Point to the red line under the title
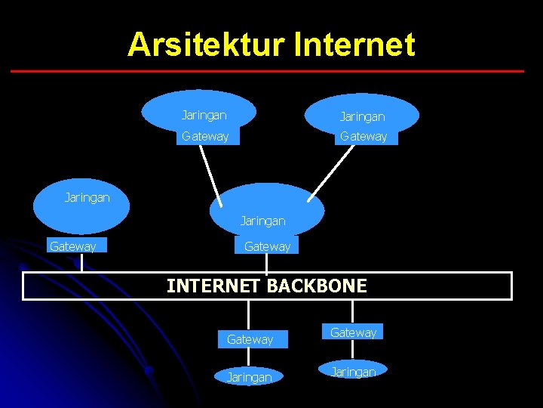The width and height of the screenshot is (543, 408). pos(267,71)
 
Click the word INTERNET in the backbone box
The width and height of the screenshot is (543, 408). pos(213,286)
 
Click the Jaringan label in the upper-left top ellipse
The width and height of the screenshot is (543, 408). pos(204,115)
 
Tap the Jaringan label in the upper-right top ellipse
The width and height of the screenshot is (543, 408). pos(362,116)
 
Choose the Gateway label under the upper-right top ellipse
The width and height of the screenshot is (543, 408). pos(364,136)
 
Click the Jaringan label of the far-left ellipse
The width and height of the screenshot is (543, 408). pos(87,197)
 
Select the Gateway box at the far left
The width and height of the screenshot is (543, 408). pos(73,246)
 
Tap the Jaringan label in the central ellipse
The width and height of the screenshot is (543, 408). pos(262,221)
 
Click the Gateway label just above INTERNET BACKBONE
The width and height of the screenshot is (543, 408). pos(267,246)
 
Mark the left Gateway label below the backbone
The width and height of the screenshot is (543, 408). pos(250,339)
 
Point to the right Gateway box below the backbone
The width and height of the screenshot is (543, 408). pos(353,332)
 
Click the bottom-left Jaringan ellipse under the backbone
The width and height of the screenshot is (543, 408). pos(249,376)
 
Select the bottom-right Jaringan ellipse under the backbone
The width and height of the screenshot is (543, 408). pos(353,371)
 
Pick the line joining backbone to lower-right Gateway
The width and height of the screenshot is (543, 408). pos(351,312)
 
